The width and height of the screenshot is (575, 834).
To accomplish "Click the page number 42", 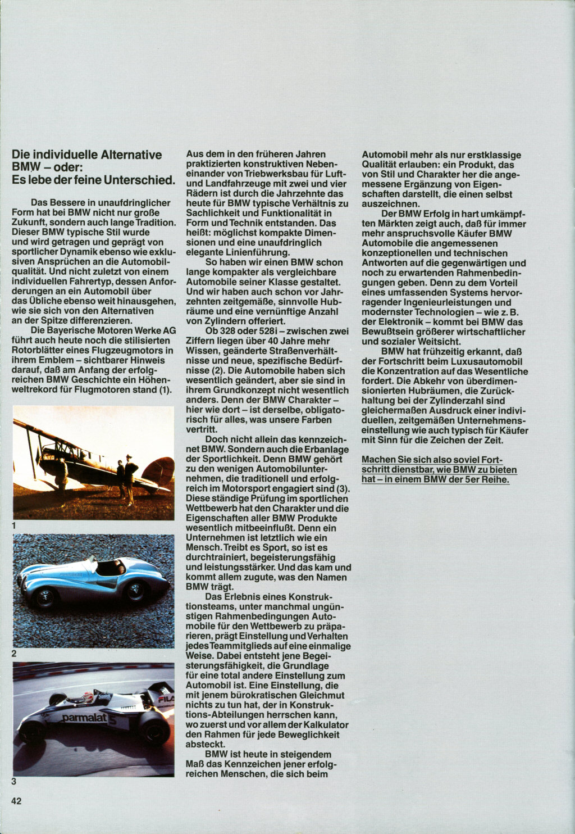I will (x=16, y=801).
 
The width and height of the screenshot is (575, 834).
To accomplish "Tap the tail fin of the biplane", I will (x=159, y=471).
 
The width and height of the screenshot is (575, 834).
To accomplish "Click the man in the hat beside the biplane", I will (x=130, y=477).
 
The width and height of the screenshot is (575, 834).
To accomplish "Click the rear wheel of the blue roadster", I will (x=135, y=591).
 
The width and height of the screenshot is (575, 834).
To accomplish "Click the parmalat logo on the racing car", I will (x=84, y=718).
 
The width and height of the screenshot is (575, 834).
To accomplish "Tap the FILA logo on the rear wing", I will (x=165, y=699).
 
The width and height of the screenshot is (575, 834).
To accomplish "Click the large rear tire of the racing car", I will (x=153, y=729).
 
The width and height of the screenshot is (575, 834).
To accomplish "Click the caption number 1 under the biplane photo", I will (x=15, y=525).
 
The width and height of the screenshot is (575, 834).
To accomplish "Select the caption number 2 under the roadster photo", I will (x=15, y=654).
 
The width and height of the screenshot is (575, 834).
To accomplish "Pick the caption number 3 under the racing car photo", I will (x=15, y=781).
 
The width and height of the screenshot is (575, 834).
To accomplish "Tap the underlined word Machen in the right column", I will (x=379, y=460).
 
